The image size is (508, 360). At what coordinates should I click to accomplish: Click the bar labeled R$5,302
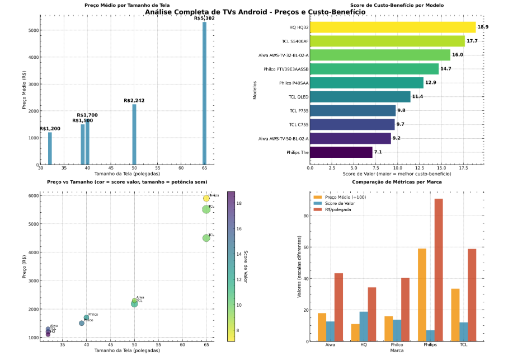pos(204,93)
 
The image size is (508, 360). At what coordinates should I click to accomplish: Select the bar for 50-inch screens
pos(134,134)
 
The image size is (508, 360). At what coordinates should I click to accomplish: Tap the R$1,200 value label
pos(50,128)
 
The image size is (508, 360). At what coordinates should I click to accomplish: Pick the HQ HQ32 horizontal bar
pos(392,27)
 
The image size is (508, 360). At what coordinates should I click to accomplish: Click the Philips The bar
pos(341,152)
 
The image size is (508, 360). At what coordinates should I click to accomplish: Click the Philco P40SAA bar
pos(366,83)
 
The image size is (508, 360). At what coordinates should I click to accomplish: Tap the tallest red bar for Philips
pos(439,270)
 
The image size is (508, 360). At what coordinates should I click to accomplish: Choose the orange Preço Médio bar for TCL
pos(455,315)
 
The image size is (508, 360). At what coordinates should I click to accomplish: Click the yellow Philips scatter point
pos(206,198)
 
